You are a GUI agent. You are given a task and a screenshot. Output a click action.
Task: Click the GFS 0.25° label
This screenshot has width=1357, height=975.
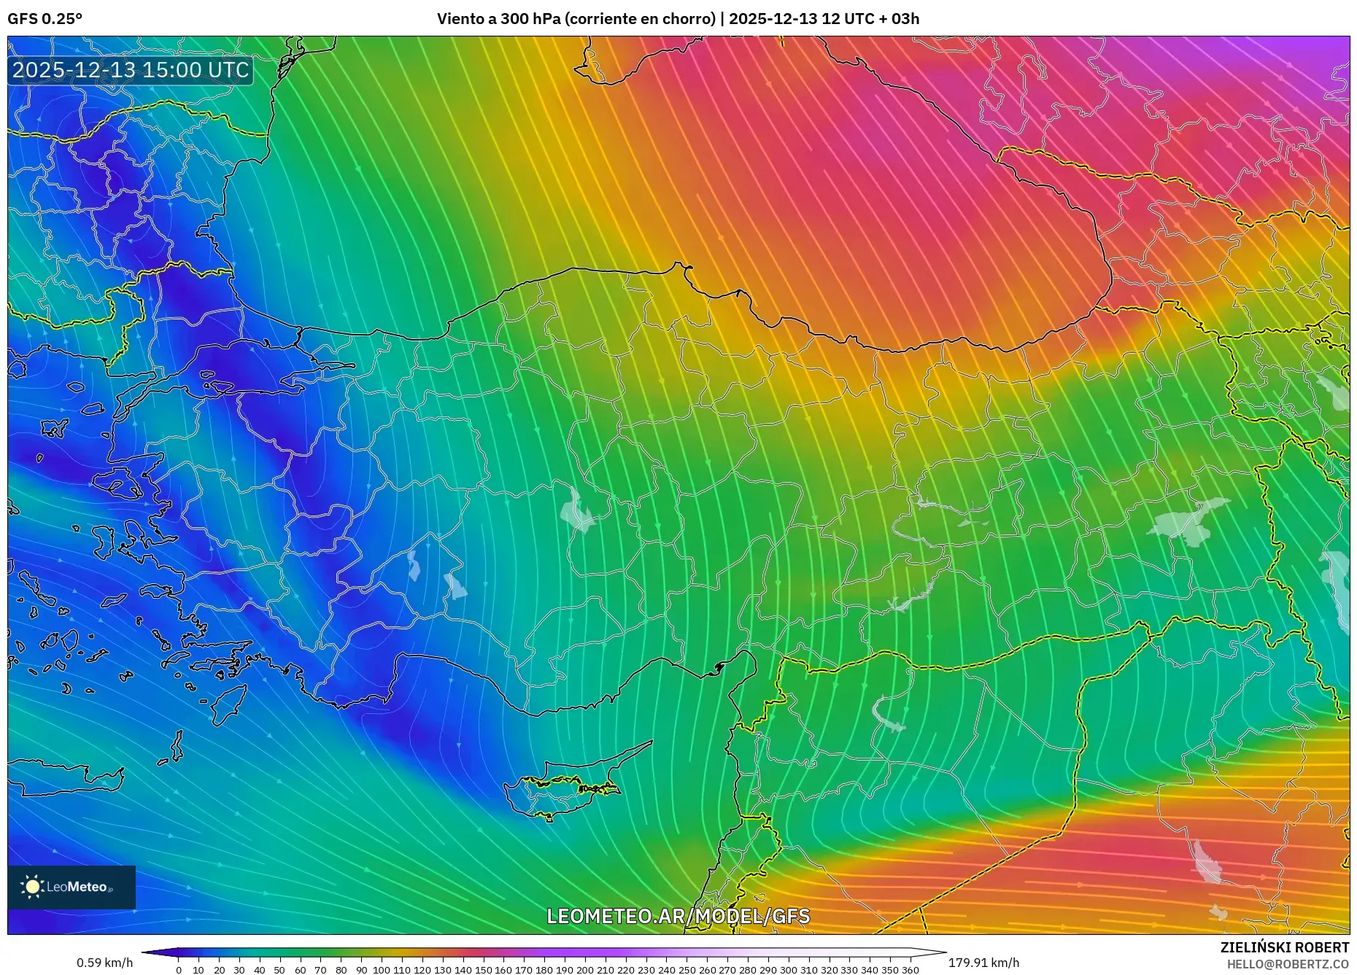[x=45, y=19]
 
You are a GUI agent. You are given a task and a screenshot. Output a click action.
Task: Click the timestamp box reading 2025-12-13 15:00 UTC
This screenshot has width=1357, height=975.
[x=131, y=70]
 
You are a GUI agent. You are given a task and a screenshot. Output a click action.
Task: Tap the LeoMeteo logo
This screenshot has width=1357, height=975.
[x=71, y=887]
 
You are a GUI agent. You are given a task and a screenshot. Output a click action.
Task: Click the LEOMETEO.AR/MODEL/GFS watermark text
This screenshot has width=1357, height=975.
[x=678, y=916]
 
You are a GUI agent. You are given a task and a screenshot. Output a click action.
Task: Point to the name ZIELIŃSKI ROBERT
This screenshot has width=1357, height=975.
[x=1284, y=947]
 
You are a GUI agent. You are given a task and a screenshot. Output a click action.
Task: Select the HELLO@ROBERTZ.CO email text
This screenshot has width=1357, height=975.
[x=1288, y=964]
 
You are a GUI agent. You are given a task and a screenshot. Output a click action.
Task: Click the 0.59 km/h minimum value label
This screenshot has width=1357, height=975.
[x=105, y=963]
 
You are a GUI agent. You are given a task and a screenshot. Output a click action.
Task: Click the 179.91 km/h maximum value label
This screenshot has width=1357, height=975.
[x=983, y=963]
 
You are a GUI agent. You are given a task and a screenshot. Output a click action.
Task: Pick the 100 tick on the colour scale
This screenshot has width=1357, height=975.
[x=382, y=970]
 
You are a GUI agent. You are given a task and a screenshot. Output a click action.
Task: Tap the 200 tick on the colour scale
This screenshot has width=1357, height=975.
[x=584, y=970]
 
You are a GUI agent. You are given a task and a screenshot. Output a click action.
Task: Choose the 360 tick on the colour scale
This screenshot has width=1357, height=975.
[x=910, y=970]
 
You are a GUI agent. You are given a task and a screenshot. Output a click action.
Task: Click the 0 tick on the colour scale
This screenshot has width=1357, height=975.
[x=179, y=970]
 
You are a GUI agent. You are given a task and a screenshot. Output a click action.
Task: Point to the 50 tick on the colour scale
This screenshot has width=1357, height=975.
[x=279, y=970]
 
